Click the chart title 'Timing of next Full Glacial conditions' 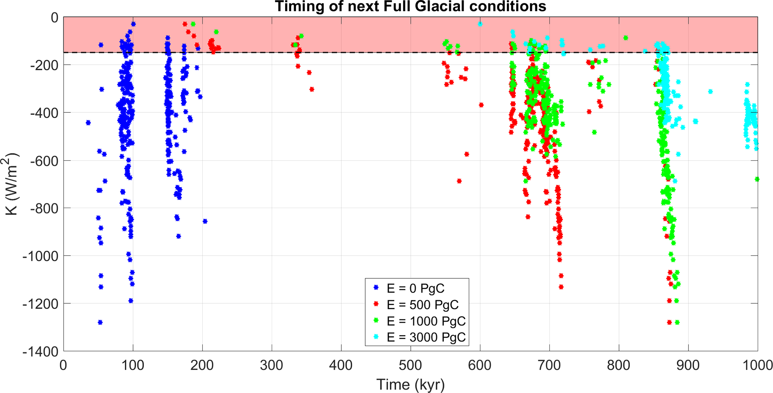(x=410, y=7)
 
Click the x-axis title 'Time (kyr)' (x=410, y=384)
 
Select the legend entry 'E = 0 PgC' (x=415, y=288)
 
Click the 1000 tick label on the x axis (x=757, y=365)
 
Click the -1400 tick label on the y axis (x=40, y=352)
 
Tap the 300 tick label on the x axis (x=272, y=365)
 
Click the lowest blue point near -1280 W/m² (x=100, y=322)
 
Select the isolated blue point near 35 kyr (x=88, y=123)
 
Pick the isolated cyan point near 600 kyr (x=480, y=24)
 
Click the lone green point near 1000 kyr (x=757, y=179)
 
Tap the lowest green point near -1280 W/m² (x=677, y=322)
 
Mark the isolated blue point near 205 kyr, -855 (x=205, y=222)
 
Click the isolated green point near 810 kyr (x=626, y=38)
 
